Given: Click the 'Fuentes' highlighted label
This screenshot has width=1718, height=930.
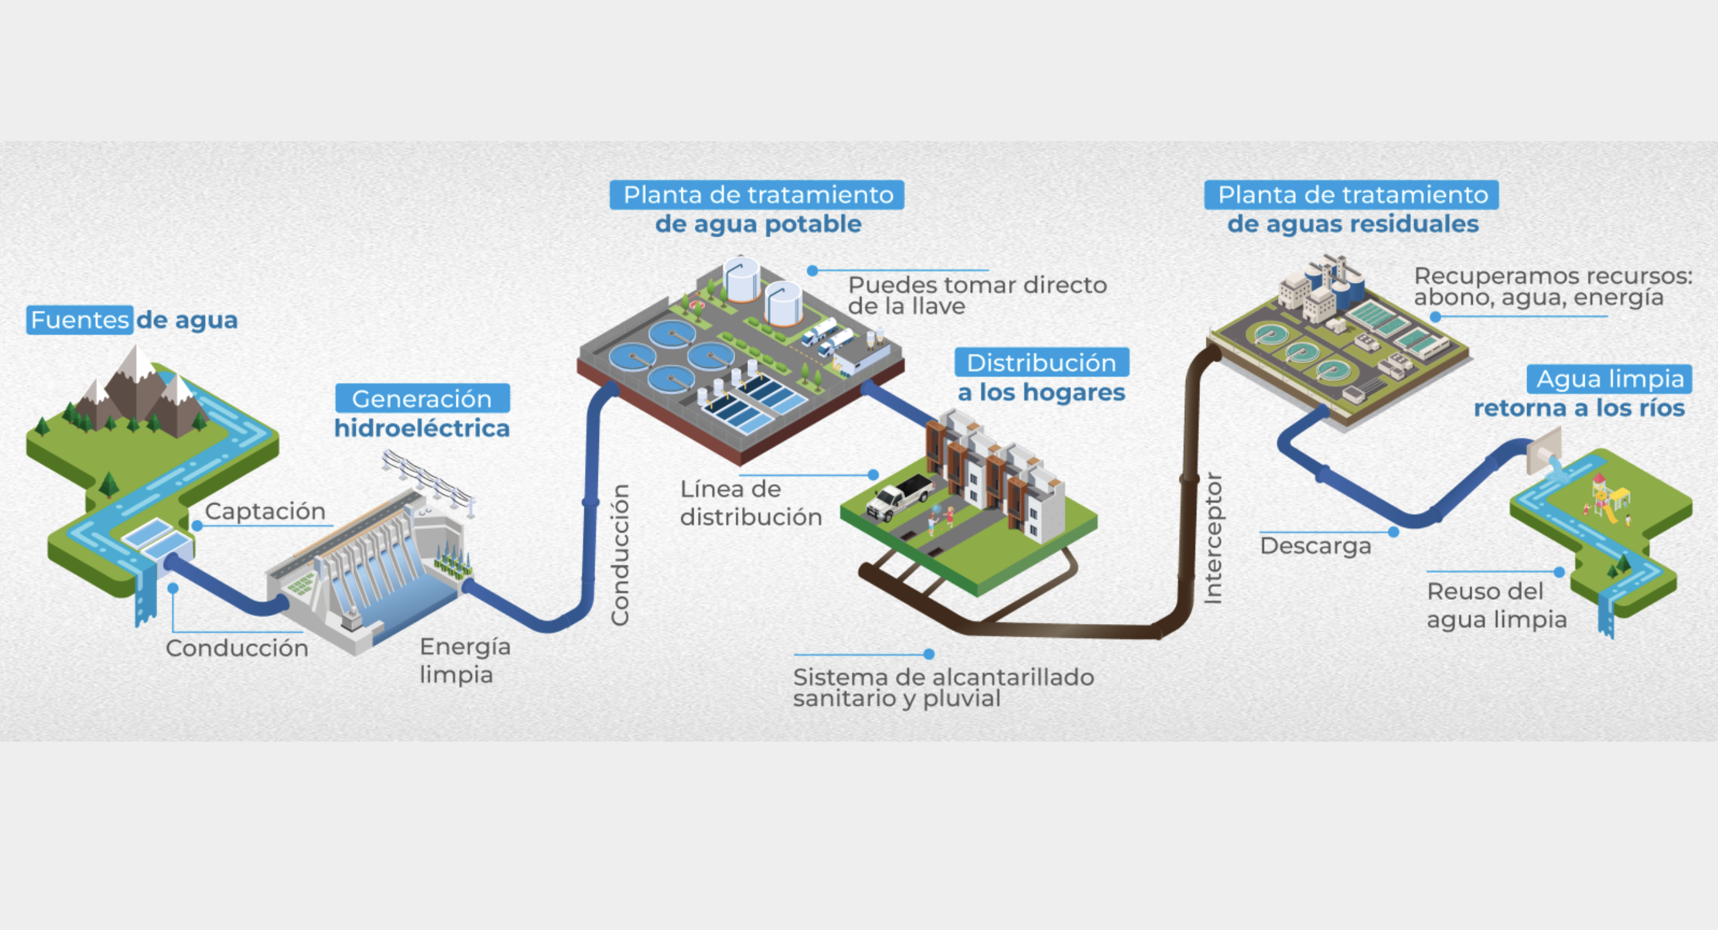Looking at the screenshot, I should pos(79,319).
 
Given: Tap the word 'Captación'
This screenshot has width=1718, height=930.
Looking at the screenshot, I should pos(265,511).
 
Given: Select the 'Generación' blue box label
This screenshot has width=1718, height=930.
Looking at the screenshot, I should pos(422,399).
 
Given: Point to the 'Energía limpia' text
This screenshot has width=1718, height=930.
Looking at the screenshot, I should pos(464,660).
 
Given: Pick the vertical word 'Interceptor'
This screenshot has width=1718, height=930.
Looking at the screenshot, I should pos(1213,538).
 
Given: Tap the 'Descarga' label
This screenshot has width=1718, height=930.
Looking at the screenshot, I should pos(1315,545).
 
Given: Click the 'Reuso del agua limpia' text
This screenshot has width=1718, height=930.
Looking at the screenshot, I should pos(1496,605).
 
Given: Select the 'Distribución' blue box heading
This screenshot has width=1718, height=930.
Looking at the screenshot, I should pos(1041,362).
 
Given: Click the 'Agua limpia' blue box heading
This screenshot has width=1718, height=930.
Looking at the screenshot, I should pos(1609,379).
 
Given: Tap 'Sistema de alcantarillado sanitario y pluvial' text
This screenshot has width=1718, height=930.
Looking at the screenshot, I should pos(943,687).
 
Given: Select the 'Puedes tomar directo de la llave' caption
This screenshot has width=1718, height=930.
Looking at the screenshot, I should pos(977,295).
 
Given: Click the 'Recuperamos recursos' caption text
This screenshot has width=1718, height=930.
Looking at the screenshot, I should pos(1553,286).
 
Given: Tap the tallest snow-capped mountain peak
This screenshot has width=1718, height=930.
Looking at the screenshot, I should pos(137,363).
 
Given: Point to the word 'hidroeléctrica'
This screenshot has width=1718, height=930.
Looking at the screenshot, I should pos(422,428).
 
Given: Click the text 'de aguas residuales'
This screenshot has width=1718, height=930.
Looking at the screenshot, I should pos(1353,224).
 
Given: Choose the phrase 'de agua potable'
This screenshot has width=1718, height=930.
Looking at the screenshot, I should pos(757,224).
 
